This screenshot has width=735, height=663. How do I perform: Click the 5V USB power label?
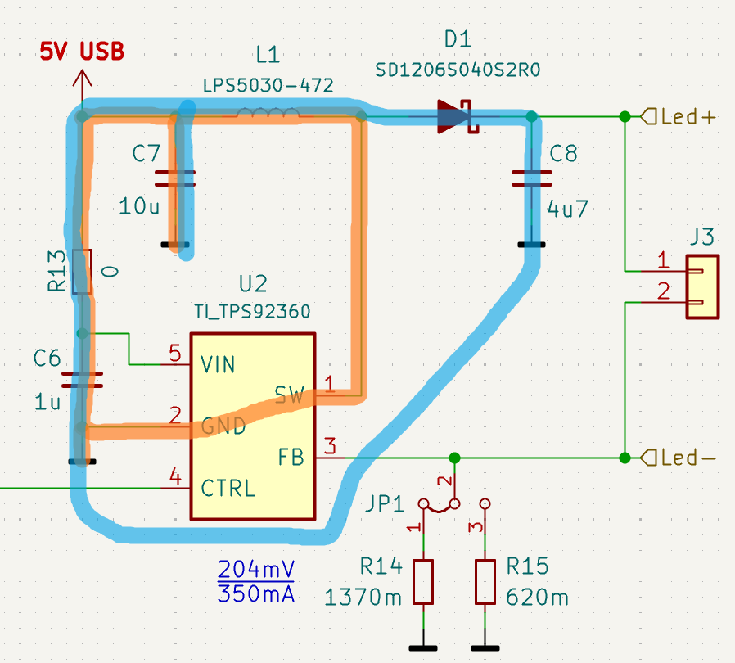(82, 52)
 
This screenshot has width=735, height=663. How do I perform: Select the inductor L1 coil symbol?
(267, 115)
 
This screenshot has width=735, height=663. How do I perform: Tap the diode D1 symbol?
(456, 117)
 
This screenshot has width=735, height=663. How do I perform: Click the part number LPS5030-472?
(268, 86)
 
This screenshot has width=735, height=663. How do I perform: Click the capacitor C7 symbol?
(174, 178)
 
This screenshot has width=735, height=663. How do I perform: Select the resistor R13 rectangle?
(82, 272)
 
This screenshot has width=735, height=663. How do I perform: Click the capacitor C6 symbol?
(82, 378)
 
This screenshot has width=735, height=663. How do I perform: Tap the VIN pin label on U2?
(218, 363)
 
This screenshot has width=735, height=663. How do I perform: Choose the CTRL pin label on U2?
(228, 489)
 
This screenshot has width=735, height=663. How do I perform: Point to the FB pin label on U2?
(291, 457)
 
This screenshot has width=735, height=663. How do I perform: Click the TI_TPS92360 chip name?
(252, 312)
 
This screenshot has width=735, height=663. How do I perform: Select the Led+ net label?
(687, 117)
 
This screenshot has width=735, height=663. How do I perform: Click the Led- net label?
(687, 457)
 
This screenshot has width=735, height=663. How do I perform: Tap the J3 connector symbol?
(701, 286)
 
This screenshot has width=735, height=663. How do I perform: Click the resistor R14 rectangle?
(422, 582)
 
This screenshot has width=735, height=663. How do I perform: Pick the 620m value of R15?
(537, 598)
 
